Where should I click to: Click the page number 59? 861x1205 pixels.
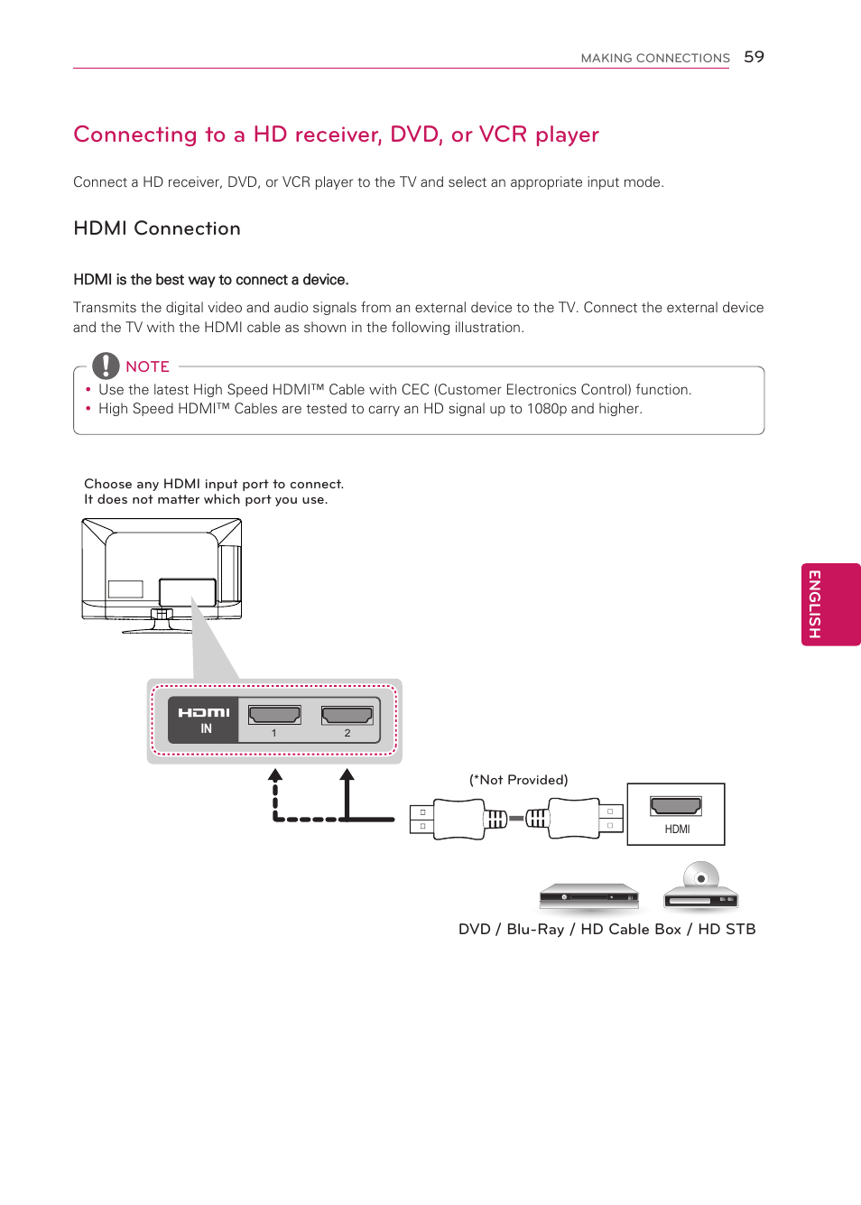754,57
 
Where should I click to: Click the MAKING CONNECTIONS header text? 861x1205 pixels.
654,58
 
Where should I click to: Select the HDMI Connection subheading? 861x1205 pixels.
157,228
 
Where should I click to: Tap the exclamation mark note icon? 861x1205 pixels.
106,366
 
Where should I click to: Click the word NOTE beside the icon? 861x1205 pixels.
148,366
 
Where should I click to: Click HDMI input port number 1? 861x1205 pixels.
274,715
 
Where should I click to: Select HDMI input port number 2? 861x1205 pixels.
347,715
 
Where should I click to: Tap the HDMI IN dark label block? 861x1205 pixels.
204,719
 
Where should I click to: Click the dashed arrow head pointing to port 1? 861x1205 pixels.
275,774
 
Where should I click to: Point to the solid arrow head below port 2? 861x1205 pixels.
347,774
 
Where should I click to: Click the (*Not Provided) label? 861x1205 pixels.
518,780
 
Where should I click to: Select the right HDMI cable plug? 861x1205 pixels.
575,819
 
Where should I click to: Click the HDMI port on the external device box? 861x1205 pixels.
676,806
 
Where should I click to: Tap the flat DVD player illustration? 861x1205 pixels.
588,895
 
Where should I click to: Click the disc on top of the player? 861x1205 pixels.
701,876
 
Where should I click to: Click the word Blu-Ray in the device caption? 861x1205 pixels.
535,930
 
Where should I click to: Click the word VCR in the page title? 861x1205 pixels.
503,134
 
